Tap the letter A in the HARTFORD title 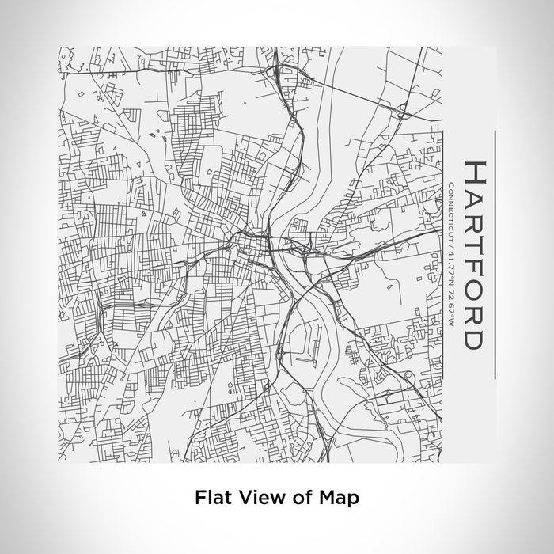point(473,198)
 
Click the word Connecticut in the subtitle point(450,207)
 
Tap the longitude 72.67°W point(450,301)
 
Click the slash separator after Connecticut point(450,238)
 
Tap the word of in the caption point(298,498)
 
